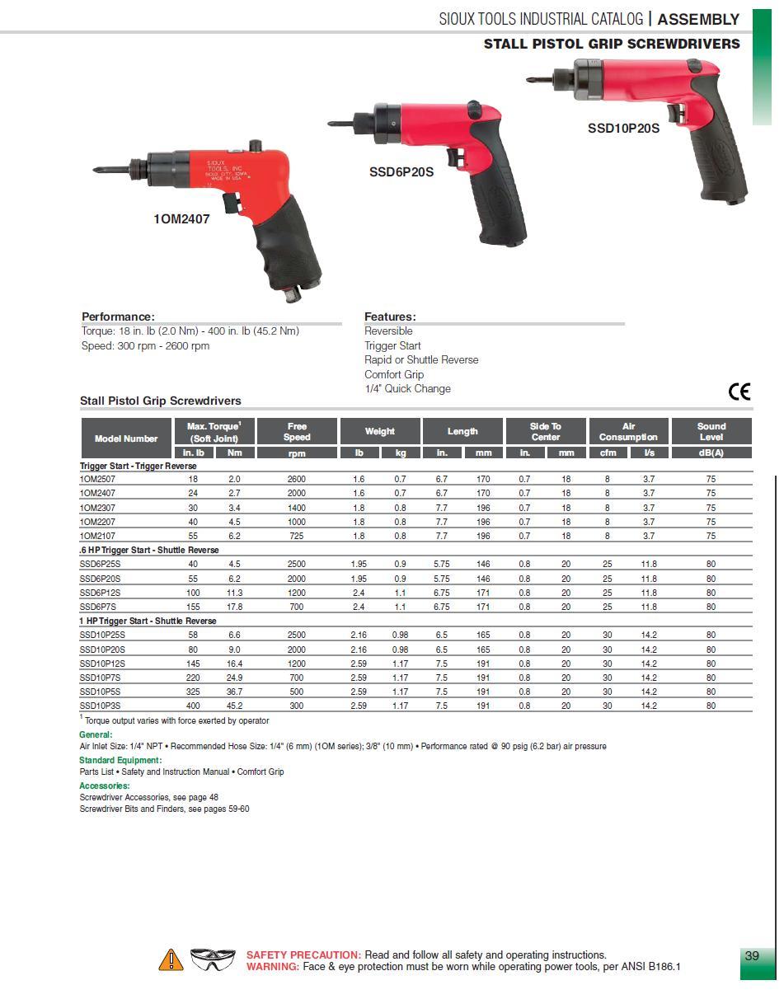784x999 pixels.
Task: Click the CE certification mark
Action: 739,391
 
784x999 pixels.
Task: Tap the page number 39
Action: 751,956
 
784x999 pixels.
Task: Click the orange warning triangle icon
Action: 171,959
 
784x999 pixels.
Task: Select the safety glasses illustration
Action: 213,959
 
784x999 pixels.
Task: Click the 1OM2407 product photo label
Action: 181,219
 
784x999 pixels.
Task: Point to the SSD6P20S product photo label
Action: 401,172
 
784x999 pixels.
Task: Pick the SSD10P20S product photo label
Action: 623,129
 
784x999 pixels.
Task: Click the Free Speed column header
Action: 297,431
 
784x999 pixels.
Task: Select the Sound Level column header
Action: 711,431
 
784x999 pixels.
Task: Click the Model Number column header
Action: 126,439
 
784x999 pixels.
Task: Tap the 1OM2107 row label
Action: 97,536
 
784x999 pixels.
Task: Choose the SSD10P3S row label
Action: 100,706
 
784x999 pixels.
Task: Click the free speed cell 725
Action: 296,536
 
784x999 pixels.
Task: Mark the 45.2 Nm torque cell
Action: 234,706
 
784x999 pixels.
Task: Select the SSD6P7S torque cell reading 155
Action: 193,607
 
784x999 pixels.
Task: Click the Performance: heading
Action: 118,317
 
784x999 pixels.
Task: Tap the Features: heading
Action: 390,317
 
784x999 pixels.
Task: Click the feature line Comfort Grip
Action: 394,374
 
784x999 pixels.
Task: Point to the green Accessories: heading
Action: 104,786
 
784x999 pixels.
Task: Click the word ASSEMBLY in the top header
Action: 698,19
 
